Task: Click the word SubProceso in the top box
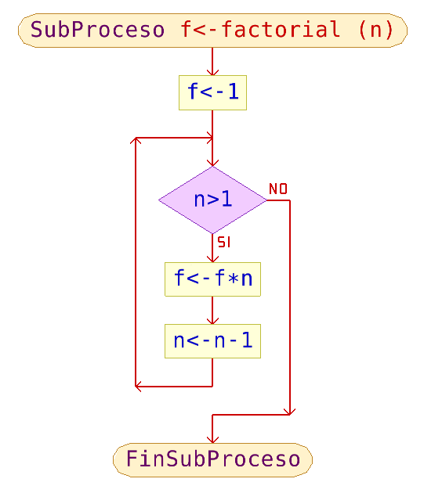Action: [x=97, y=30]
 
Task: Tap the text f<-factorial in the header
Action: [x=260, y=29]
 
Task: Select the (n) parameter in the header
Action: [x=376, y=30]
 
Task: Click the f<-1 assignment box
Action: [x=212, y=92]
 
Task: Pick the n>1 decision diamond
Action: [x=212, y=200]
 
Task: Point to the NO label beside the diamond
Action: [x=278, y=189]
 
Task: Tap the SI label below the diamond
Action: [x=223, y=243]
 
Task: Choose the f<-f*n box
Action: [x=212, y=279]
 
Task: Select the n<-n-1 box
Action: [x=212, y=341]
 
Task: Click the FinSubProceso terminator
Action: [x=212, y=459]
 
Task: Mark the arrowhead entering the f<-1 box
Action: [x=212, y=72]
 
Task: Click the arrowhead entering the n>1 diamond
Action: [x=212, y=163]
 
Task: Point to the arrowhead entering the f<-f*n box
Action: [x=212, y=259]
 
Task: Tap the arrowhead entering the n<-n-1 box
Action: [x=212, y=321]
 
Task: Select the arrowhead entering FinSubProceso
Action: [x=212, y=440]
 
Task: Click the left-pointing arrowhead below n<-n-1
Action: [x=139, y=386]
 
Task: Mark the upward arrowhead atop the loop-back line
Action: [x=136, y=140]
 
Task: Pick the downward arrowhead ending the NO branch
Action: [x=290, y=412]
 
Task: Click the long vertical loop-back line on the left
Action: [x=136, y=262]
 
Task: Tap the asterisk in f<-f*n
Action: [x=233, y=279]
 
